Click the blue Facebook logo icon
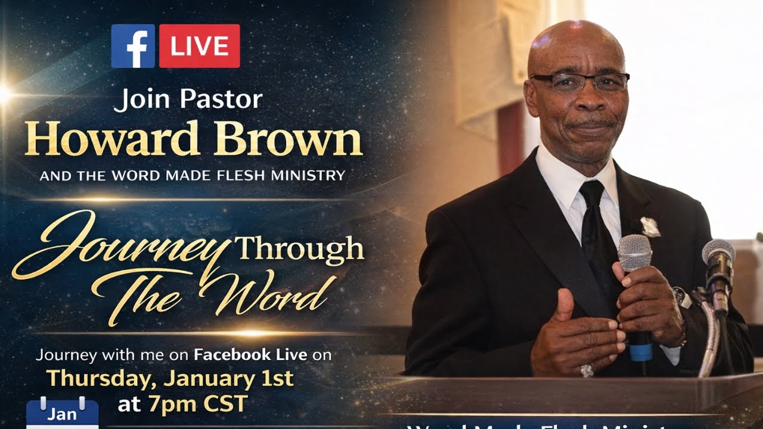[x=133, y=46]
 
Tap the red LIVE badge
[x=199, y=46]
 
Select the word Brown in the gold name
[x=288, y=139]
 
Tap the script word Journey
[x=119, y=244]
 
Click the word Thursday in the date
[x=100, y=378]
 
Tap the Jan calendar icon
[x=62, y=412]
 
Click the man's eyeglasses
[x=578, y=81]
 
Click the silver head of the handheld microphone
[x=634, y=252]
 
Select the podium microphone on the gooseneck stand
[x=718, y=259]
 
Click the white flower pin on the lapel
[x=650, y=227]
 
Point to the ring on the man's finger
[x=587, y=371]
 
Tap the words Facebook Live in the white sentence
[x=250, y=356]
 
